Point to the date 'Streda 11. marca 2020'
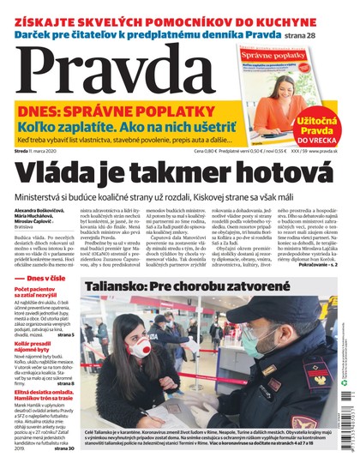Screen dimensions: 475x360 click(x=39, y=151)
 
